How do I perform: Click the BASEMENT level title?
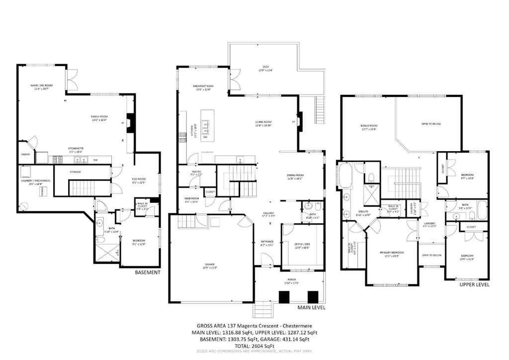(x=148, y=272)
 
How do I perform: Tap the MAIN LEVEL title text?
(x=311, y=308)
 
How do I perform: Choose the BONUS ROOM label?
(x=369, y=127)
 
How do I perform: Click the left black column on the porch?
(x=284, y=297)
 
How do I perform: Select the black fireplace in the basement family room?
(x=130, y=122)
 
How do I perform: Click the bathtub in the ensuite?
(x=344, y=177)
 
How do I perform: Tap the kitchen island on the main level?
(x=208, y=128)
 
